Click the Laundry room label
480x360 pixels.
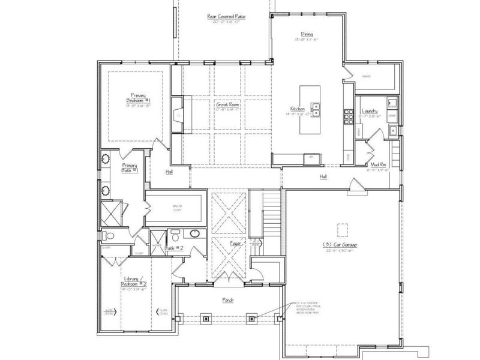click(x=370, y=110)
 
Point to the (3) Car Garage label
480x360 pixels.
click(x=343, y=245)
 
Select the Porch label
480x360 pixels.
click(x=227, y=299)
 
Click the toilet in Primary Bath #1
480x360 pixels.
click(x=108, y=235)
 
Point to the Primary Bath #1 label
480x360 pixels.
click(x=130, y=167)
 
